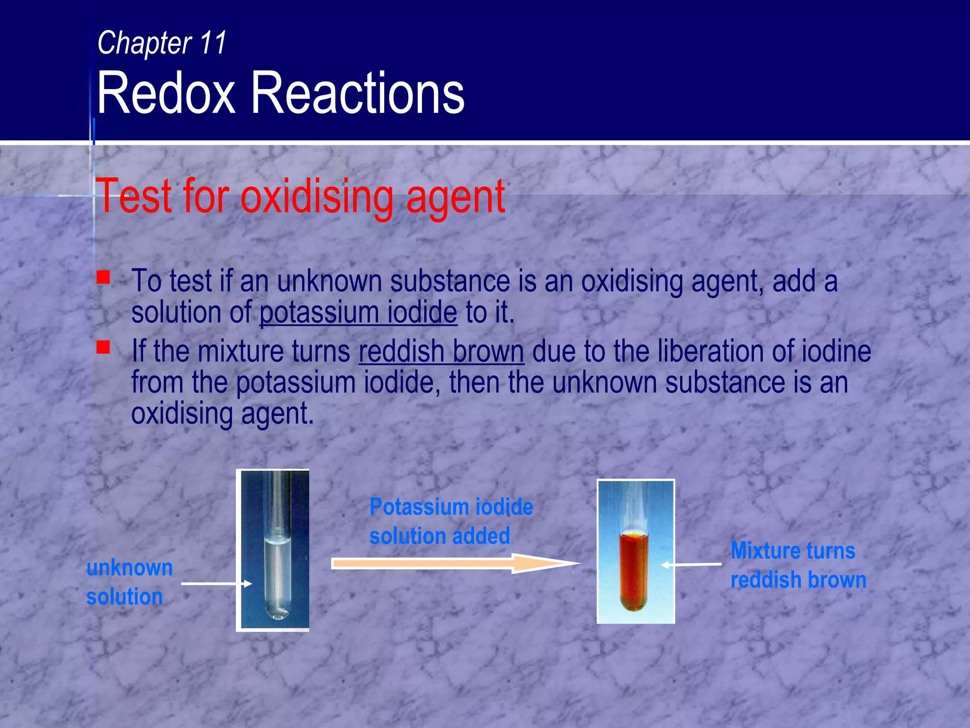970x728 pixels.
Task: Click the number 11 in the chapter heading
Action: coord(213,43)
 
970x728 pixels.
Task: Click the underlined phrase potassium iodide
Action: coord(358,312)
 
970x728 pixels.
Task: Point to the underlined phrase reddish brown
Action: coord(441,351)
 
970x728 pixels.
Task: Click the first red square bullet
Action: coord(103,277)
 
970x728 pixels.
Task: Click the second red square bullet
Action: coord(103,347)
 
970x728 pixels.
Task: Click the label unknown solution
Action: coord(129,582)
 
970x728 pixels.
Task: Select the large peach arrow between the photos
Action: coord(455,564)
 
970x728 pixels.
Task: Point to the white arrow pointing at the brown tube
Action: coord(691,564)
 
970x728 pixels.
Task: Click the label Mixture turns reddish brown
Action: coord(798,565)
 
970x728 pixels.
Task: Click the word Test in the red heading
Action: coord(134,197)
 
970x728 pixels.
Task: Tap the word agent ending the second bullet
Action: coord(277,414)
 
